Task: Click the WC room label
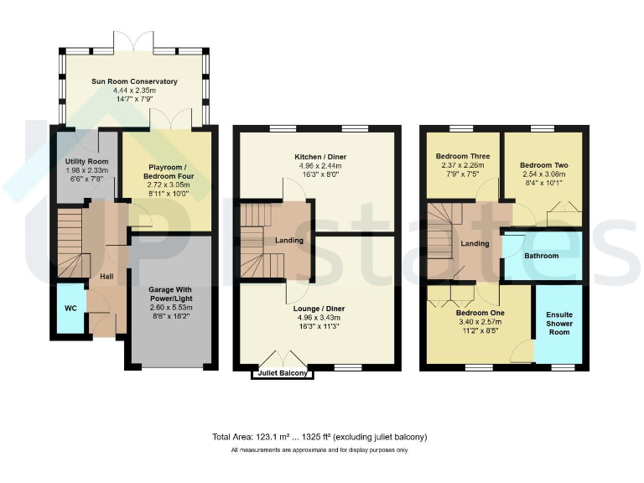(70, 309)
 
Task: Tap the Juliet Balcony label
(282, 372)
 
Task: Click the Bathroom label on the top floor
(541, 256)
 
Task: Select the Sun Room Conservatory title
(134, 81)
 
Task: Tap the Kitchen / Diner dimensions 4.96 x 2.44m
(320, 166)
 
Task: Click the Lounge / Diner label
(320, 309)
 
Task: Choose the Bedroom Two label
(543, 165)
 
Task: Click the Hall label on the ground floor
(106, 276)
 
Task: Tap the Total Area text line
(321, 437)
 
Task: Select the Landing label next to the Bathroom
(475, 244)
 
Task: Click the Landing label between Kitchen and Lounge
(289, 241)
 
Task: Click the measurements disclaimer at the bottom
(321, 451)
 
